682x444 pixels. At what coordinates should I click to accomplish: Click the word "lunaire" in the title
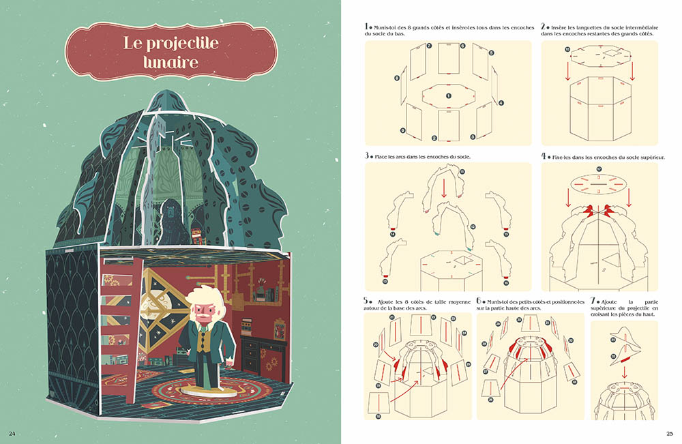171,62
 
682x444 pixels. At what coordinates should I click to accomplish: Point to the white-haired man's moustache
203,312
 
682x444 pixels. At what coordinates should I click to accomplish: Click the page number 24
12,433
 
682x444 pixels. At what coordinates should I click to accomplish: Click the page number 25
670,433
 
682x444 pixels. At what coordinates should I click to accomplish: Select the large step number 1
366,27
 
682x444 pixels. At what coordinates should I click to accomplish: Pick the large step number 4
544,156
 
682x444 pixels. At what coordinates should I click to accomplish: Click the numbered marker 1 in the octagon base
449,95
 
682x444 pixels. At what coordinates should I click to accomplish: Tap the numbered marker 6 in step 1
463,46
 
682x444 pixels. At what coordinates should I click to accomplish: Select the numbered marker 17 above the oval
599,169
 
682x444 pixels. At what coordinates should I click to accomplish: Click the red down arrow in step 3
444,187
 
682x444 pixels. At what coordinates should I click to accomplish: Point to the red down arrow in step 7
625,372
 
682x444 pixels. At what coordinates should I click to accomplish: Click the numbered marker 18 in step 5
379,416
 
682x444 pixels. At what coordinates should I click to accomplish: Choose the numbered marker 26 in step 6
490,400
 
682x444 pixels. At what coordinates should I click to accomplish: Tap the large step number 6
479,301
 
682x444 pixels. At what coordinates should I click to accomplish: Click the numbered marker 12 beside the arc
473,226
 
